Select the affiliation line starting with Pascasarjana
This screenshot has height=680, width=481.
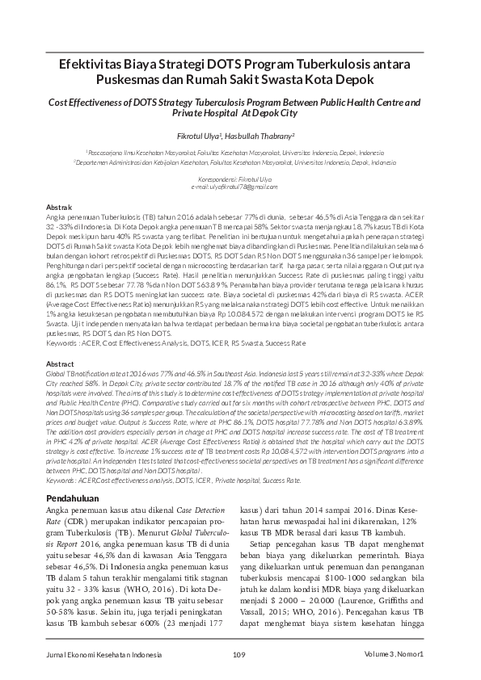pyautogui.click(x=240, y=151)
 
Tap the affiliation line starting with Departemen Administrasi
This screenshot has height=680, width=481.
pyautogui.click(x=240, y=162)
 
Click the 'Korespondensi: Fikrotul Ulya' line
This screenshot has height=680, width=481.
pyautogui.click(x=240, y=178)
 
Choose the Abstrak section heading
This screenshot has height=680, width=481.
pyautogui.click(x=60, y=208)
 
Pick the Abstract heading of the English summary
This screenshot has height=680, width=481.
pyautogui.click(x=61, y=364)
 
